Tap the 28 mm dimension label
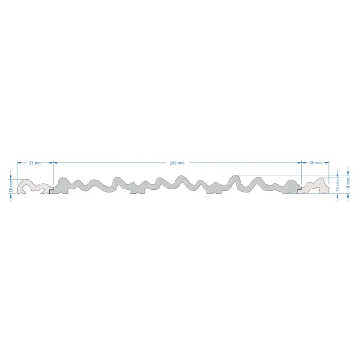[x=315, y=162]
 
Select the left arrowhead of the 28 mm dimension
[x=303, y=162]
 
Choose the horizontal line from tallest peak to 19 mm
[x=288, y=175]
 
